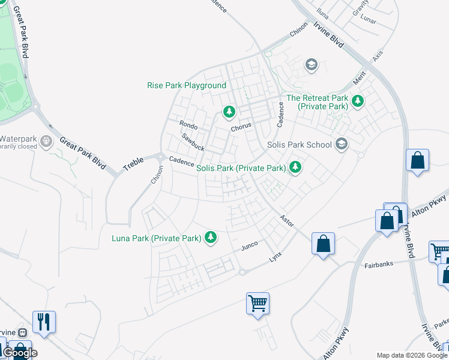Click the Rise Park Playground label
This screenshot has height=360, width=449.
(187, 86)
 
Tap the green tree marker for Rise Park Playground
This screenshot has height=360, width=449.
(229, 111)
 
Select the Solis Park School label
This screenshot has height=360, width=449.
(299, 145)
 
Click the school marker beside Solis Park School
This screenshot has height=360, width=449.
(342, 143)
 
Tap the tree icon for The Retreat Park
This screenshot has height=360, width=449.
(358, 100)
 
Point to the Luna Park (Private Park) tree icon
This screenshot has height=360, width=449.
(210, 238)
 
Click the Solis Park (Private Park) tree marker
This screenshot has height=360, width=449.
(295, 167)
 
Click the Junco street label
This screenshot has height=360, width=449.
(249, 247)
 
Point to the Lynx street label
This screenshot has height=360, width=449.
(275, 256)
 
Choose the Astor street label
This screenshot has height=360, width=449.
(287, 220)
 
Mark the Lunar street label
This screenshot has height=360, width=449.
(368, 19)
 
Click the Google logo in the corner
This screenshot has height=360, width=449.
(19, 353)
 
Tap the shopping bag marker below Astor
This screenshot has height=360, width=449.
(323, 244)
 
